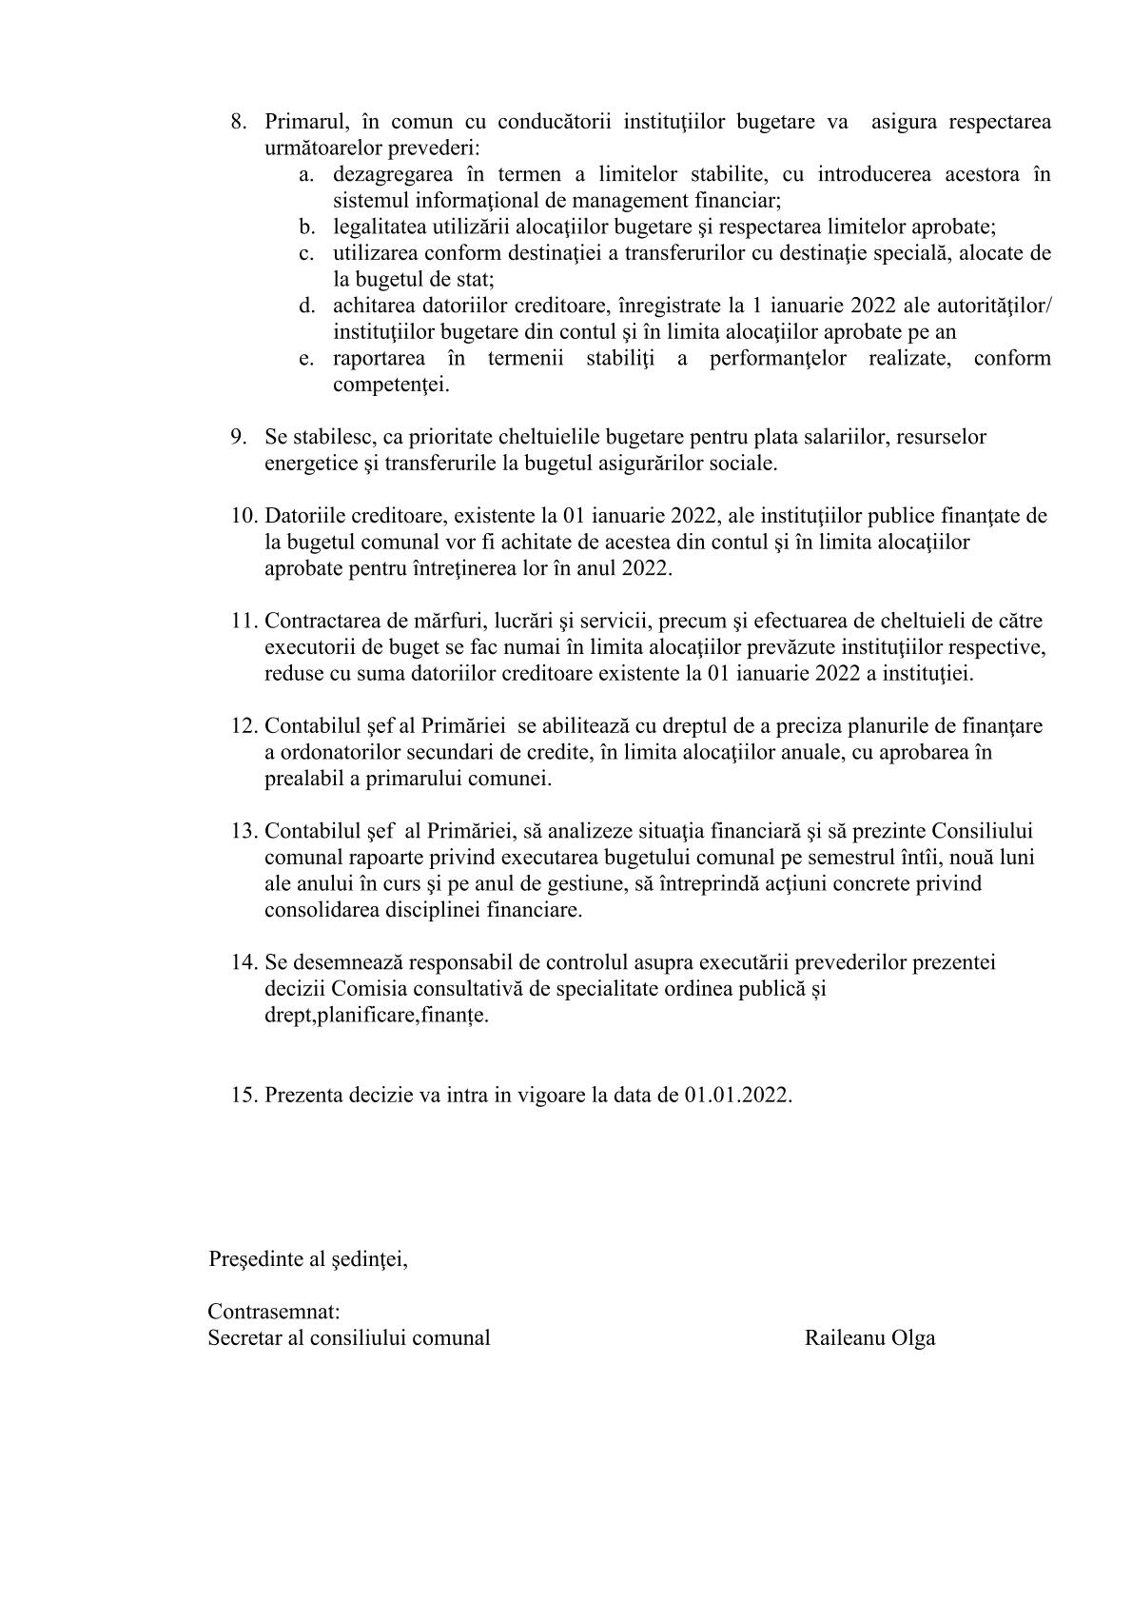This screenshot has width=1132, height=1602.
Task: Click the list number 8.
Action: pyautogui.click(x=238, y=123)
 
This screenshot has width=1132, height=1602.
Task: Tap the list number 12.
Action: pyautogui.click(x=244, y=726)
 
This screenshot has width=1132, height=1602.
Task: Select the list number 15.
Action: pyautogui.click(x=244, y=1095)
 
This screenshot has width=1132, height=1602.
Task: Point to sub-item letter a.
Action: pyautogui.click(x=305, y=175)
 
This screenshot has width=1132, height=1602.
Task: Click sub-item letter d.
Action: pyautogui.click(x=305, y=306)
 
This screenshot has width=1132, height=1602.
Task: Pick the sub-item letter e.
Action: pyautogui.click(x=305, y=359)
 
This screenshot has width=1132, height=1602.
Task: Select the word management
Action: pyautogui.click(x=617, y=201)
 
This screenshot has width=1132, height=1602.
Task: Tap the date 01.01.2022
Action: pyautogui.click(x=737, y=1095)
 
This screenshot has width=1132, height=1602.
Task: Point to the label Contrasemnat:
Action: pyautogui.click(x=274, y=1312)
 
